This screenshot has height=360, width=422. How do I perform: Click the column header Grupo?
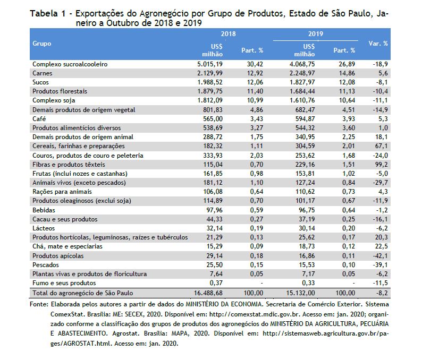(x=41, y=44)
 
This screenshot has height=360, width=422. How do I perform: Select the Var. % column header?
(x=378, y=44)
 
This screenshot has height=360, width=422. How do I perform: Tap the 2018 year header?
(x=228, y=34)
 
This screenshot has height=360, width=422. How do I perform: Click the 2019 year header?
(x=316, y=34)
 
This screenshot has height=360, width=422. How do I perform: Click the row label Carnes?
(x=43, y=73)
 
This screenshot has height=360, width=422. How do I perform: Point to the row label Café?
(x=39, y=119)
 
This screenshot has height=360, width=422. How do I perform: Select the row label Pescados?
(x=46, y=265)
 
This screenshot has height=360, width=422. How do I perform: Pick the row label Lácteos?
(x=44, y=228)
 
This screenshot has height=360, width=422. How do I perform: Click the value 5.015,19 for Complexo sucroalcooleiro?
(x=210, y=64)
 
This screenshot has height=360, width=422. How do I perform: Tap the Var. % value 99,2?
(x=382, y=165)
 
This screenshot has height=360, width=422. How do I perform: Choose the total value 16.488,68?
(x=208, y=293)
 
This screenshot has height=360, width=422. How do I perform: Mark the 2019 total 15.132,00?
(x=300, y=293)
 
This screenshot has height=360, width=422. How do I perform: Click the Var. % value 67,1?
(x=382, y=146)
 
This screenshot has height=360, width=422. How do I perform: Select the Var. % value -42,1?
(x=381, y=256)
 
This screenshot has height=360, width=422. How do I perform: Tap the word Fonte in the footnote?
(x=39, y=304)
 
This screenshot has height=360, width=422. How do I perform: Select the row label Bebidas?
(x=44, y=210)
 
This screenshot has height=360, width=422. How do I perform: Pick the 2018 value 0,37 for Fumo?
(x=216, y=283)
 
